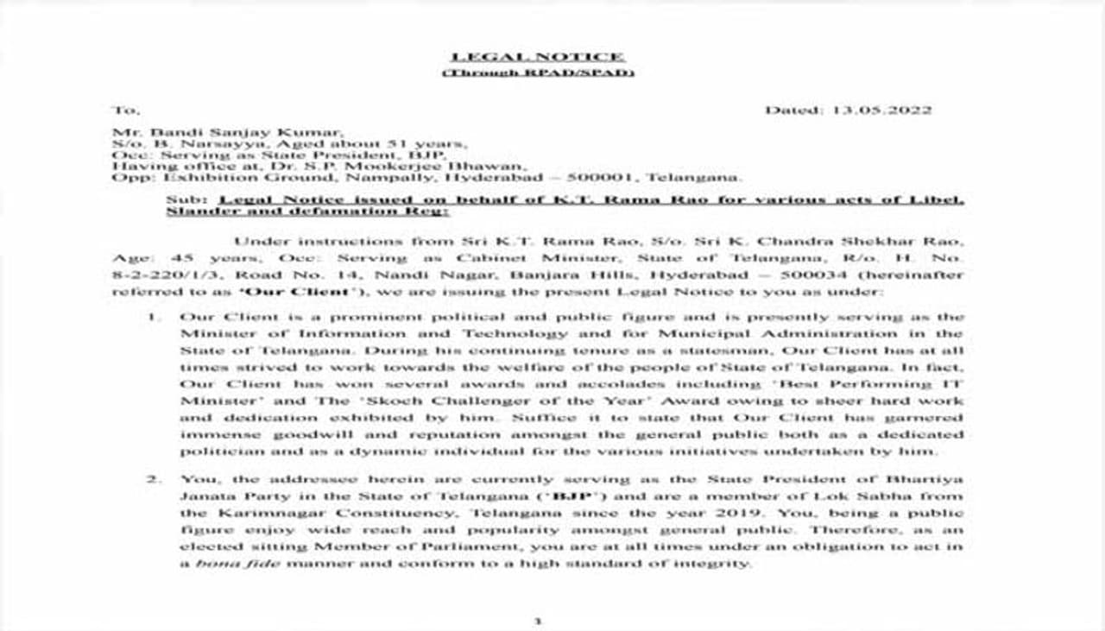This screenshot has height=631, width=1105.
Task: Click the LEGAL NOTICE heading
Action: [538, 57]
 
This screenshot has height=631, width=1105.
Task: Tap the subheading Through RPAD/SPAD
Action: [538, 73]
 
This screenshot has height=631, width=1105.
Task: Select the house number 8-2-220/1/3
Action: [154, 274]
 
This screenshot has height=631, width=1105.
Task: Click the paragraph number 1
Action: [153, 317]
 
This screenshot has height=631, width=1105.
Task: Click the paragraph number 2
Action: [153, 479]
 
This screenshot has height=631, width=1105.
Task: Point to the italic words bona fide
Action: [226, 564]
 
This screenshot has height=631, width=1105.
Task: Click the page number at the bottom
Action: [537, 621]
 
